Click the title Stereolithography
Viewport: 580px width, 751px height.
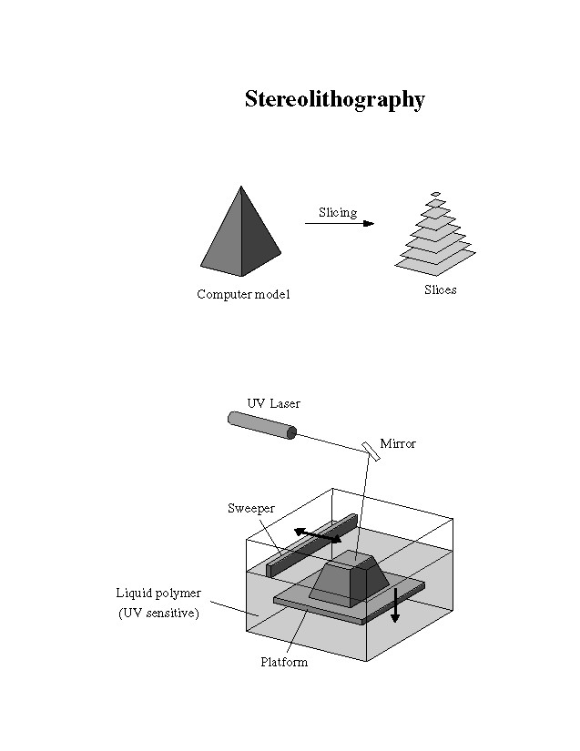(334, 99)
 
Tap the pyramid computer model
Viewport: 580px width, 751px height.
(241, 237)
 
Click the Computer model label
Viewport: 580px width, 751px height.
(243, 295)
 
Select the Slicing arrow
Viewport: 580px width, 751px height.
(340, 223)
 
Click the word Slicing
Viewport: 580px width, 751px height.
(337, 212)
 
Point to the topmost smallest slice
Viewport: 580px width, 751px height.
(436, 193)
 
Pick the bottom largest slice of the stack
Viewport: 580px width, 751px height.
(436, 263)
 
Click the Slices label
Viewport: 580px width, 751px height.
(440, 290)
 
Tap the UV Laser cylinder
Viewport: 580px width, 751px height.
(262, 425)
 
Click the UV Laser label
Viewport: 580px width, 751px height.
(273, 403)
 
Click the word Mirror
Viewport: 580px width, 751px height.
(398, 443)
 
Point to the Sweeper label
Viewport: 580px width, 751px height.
(250, 508)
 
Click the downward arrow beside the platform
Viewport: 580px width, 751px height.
(395, 604)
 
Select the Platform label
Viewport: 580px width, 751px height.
(284, 662)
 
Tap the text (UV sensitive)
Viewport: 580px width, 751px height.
(158, 614)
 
